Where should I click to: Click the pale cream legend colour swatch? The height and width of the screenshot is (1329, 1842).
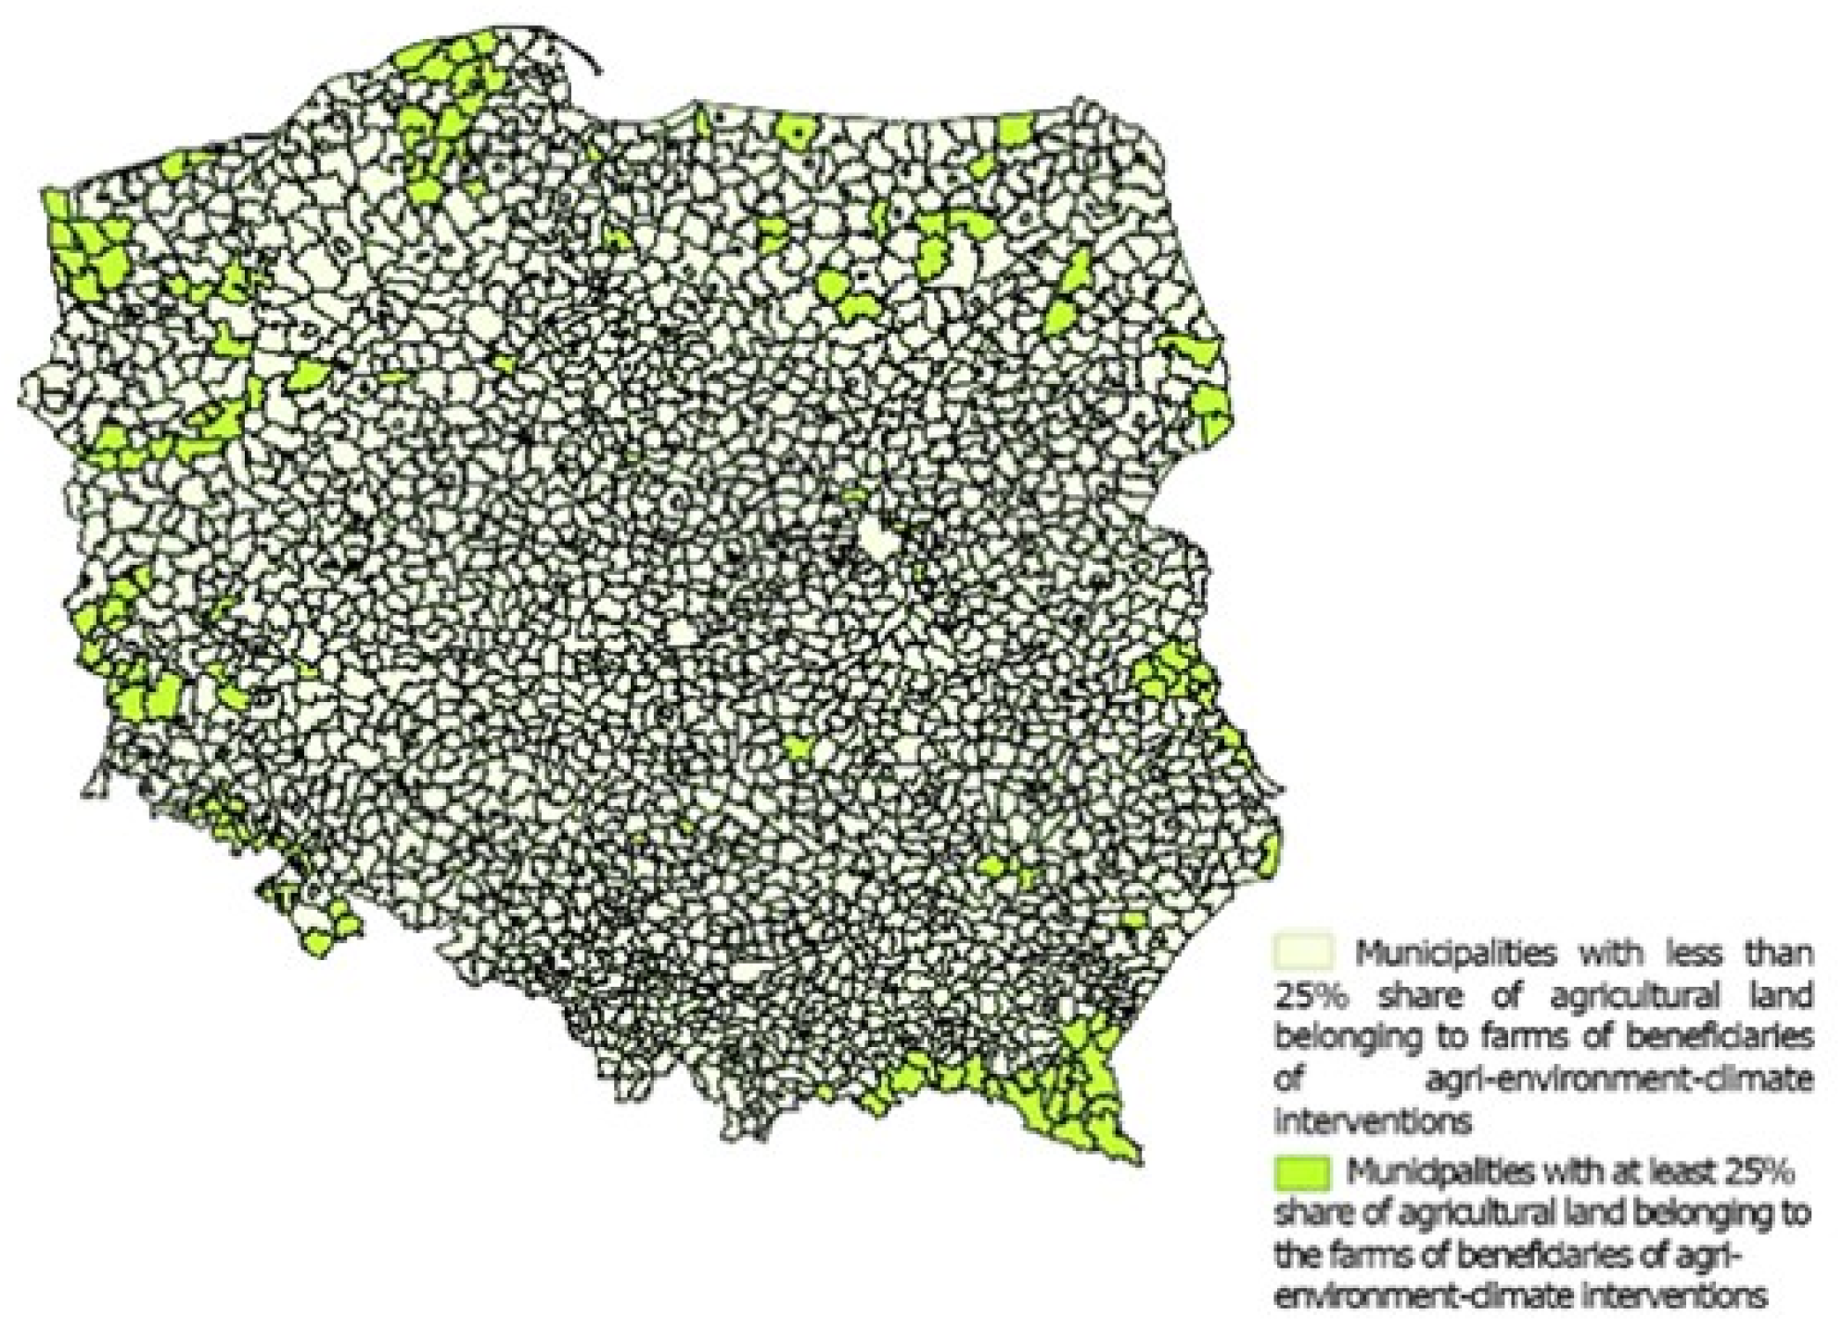point(1304,952)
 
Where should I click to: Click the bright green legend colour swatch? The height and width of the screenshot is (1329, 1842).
point(1303,1172)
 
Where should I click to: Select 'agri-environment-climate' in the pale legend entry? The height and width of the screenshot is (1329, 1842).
point(1618,1080)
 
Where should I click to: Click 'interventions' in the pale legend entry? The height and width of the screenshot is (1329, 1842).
point(1373,1122)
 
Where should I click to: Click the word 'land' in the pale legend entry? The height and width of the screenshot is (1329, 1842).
point(1781,996)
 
